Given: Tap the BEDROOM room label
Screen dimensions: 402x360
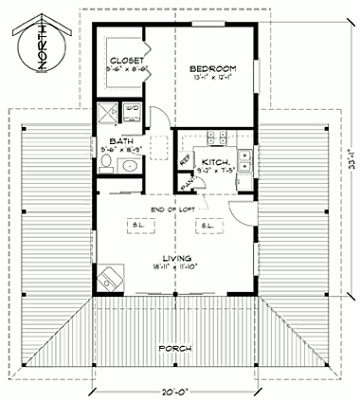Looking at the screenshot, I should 213,68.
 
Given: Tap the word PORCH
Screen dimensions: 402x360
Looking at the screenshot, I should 177,349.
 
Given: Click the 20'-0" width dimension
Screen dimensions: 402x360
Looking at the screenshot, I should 179,390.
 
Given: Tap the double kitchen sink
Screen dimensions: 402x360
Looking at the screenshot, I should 245,157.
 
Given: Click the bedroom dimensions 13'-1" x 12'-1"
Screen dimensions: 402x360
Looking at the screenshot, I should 213,79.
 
